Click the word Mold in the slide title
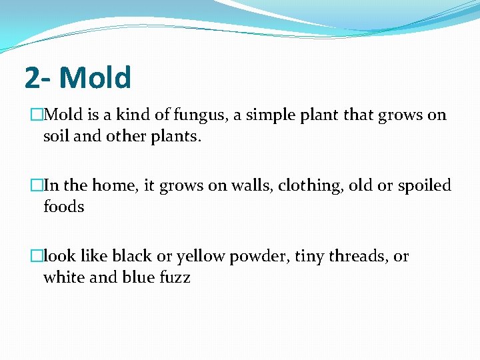click(95, 77)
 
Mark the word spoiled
click(424, 186)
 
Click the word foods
click(63, 207)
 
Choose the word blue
click(138, 277)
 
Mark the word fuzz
click(174, 277)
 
